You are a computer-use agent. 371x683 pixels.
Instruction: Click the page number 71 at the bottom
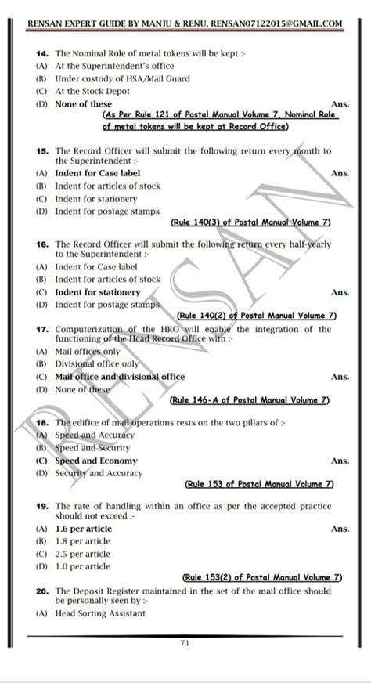click(185, 643)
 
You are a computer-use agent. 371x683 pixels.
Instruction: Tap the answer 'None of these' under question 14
click(83, 104)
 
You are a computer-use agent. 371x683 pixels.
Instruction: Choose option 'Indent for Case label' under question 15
click(87, 173)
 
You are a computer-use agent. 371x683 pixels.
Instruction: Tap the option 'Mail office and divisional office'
click(120, 377)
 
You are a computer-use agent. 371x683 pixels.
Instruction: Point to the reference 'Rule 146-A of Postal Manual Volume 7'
click(249, 400)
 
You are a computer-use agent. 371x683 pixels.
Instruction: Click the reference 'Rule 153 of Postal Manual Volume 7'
click(258, 484)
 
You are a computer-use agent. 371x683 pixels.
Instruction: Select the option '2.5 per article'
click(82, 554)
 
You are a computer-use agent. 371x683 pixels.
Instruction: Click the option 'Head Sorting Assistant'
click(99, 613)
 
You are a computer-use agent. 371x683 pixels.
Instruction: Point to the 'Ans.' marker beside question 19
click(340, 529)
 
